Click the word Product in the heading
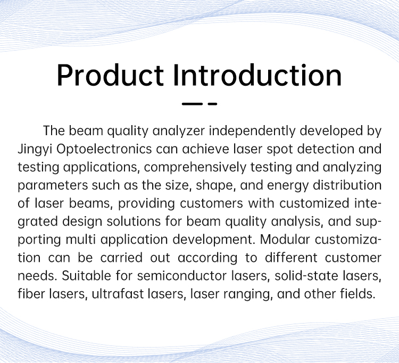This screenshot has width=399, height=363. pos(110,76)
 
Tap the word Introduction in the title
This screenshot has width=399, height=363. pos(257,75)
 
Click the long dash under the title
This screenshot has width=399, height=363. pos(192,104)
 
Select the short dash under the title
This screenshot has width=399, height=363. pos(212,104)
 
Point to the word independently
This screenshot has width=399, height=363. pos(252,131)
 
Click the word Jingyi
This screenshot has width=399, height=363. pos(35,150)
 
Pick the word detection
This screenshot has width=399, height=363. pos(326,149)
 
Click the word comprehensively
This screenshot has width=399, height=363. pos(195,168)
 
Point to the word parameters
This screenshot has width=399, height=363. pos(53,186)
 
